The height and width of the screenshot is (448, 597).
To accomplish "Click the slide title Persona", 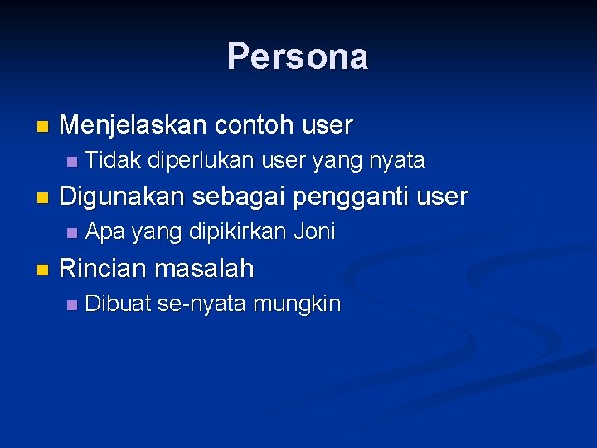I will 298,57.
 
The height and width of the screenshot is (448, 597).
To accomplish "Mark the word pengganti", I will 347,197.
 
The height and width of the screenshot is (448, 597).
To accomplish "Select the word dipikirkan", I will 240,232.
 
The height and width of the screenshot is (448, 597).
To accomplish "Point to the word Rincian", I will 104,269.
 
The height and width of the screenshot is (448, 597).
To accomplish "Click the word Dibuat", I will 119,304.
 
